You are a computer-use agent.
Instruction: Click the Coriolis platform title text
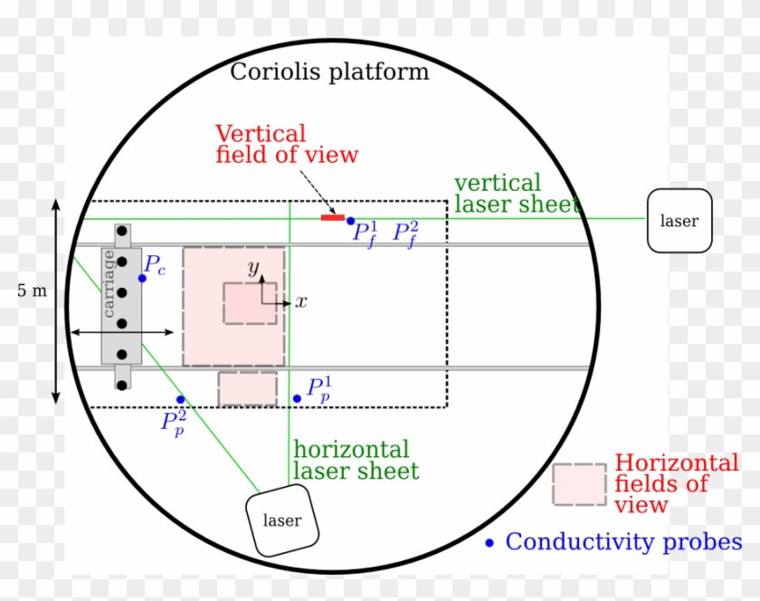[x=329, y=72]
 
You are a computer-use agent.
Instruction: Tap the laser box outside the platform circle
[x=679, y=221]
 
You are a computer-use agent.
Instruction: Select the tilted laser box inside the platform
[x=282, y=520]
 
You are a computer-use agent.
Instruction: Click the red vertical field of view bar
[x=333, y=218]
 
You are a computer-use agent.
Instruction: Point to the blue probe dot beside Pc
[x=142, y=279]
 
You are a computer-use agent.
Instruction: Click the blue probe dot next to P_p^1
[x=297, y=399]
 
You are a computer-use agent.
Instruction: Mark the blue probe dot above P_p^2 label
[x=180, y=400]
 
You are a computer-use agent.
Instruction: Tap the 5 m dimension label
[x=32, y=291]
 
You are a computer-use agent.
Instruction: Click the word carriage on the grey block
[x=109, y=284]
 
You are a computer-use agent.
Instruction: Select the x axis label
[x=301, y=301]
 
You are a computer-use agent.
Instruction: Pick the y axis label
[x=253, y=267]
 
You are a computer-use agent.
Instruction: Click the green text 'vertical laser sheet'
[x=518, y=194]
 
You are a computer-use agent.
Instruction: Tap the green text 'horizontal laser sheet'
[x=356, y=461]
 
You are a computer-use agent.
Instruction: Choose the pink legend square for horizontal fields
[x=580, y=484]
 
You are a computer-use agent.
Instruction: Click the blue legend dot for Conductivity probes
[x=489, y=543]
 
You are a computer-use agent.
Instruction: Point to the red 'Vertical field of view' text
[x=287, y=144]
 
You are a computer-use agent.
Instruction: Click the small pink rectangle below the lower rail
[x=248, y=389]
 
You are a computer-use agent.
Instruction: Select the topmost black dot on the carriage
[x=122, y=231]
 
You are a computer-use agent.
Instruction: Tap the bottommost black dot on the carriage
[x=122, y=386]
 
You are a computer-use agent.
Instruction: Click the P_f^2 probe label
[x=405, y=234]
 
